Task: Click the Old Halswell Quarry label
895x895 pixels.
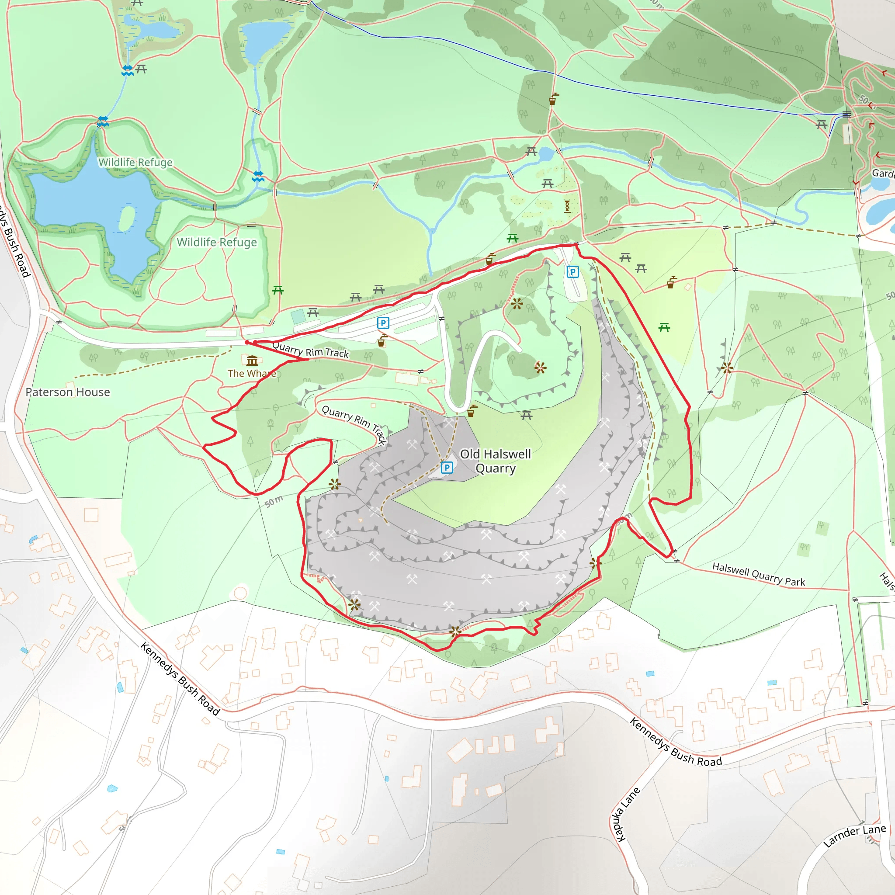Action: (495, 461)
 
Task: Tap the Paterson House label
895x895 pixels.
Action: (68, 392)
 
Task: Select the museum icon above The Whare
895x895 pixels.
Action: (252, 361)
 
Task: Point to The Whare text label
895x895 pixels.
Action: (251, 373)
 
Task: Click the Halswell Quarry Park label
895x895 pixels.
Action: (758, 574)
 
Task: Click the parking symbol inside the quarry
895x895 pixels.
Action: (447, 468)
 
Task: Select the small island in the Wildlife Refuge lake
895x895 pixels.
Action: (126, 218)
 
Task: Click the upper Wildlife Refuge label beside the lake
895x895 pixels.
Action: (135, 162)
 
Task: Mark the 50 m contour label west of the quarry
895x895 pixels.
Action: (273, 501)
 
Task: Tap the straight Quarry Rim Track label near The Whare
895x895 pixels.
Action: (310, 349)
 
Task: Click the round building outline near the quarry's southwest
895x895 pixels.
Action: (240, 593)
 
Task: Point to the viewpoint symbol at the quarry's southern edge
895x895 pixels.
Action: (455, 631)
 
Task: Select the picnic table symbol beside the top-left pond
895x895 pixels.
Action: (141, 69)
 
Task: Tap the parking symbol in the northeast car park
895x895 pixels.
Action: (572, 272)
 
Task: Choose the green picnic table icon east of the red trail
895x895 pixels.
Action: (664, 327)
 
